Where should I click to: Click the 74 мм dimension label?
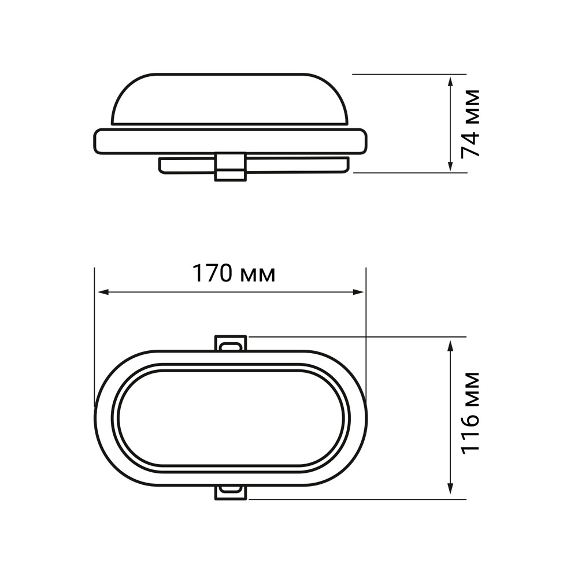[x=470, y=124]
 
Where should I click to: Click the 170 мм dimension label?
[x=234, y=274]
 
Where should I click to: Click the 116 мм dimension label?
[x=470, y=412]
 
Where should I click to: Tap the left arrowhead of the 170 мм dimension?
[x=102, y=292]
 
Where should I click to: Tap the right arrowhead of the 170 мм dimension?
[x=358, y=292]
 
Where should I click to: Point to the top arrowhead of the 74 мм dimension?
[x=450, y=82]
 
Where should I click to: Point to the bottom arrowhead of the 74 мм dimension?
[x=450, y=165]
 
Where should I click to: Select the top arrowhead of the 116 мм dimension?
[x=450, y=346]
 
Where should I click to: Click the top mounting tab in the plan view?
[x=231, y=343]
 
